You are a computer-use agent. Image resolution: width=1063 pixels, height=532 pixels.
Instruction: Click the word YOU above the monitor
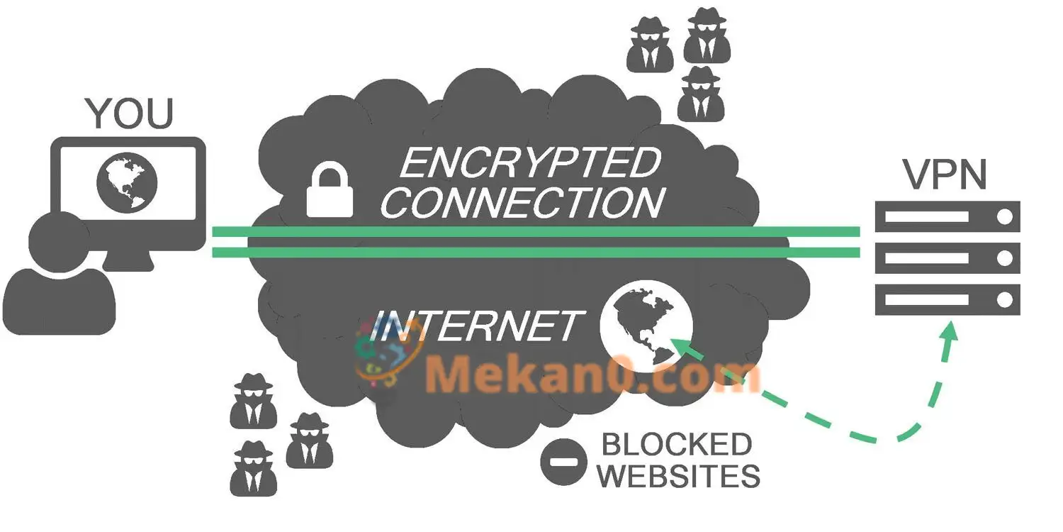coord(129,113)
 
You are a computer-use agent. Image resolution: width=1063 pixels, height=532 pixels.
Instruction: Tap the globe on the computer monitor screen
coord(127,182)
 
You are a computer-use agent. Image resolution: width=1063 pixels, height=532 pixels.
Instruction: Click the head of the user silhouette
coord(59,242)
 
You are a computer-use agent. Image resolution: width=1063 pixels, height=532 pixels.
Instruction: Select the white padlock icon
coord(330,189)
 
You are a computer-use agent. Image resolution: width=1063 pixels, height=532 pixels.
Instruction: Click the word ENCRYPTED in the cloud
coord(531,163)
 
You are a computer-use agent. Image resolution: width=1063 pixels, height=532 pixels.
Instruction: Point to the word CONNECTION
coord(522,203)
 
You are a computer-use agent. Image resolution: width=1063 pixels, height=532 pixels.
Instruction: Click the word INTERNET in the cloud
coord(477,326)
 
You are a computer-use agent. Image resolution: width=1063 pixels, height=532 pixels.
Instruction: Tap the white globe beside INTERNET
coord(646,326)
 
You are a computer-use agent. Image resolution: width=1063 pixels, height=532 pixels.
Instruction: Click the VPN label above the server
coord(945,174)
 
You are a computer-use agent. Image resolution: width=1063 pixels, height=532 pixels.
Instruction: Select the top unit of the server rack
coord(947,216)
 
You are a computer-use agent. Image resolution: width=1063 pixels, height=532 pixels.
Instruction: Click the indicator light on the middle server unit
coord(1005,258)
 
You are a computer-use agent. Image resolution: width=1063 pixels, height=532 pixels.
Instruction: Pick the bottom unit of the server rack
coord(947,300)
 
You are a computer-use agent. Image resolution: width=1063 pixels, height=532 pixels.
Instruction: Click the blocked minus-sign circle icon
coord(563,462)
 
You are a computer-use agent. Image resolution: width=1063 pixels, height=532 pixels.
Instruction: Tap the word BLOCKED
coord(677,445)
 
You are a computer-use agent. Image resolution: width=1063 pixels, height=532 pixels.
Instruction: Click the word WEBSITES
coord(679,476)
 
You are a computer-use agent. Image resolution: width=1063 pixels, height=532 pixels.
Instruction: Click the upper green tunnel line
coord(536,232)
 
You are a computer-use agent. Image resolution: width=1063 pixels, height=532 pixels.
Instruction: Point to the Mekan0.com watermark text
coord(593,376)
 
